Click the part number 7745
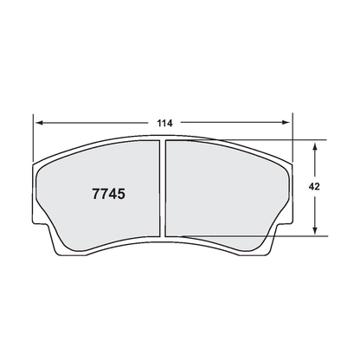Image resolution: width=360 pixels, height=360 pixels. coord(109,194)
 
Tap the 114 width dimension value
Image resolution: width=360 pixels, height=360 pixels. coord(164,122)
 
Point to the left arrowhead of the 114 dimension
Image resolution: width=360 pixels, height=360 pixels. coord(39,122)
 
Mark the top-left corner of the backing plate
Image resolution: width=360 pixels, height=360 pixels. coord(37,164)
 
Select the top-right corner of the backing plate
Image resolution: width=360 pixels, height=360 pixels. coord(291,164)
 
